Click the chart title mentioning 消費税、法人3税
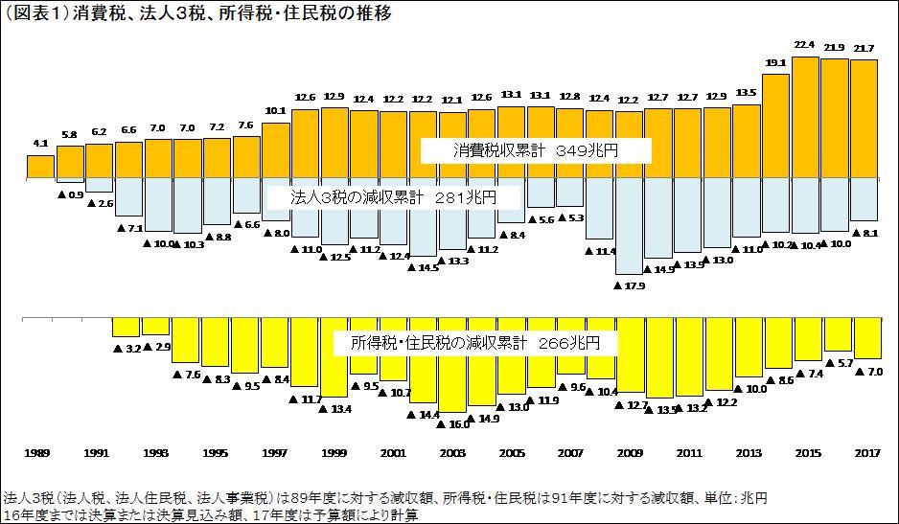coord(198,14)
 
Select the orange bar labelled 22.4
coord(805,117)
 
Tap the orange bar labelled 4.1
coord(40,167)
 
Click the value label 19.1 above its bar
coord(775,63)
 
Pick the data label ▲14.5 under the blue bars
coord(423,267)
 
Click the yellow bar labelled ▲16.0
coord(452,365)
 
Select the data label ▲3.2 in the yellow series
coord(127,348)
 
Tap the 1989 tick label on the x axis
coord(37,452)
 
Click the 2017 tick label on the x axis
coord(866,452)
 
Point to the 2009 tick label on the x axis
coord(630,452)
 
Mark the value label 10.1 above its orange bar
coord(275,111)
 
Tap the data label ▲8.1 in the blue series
coord(865,233)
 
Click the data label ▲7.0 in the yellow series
coord(867,371)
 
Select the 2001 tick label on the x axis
coord(393,452)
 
